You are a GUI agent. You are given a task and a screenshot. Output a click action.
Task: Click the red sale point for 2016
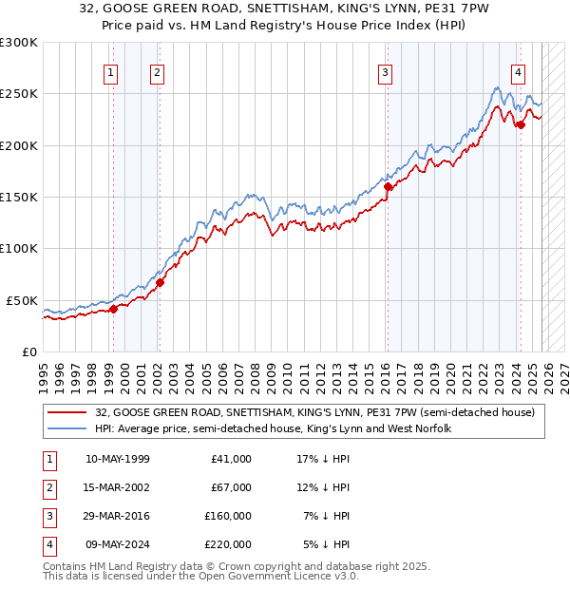pos(388,187)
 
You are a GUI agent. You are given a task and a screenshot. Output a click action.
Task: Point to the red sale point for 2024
pos(521,124)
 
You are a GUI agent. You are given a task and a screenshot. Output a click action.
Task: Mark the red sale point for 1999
pos(113,309)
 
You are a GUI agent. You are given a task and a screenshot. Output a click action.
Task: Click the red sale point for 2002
pos(160,282)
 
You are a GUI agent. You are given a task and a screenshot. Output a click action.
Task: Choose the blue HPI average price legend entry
pos(273,428)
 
